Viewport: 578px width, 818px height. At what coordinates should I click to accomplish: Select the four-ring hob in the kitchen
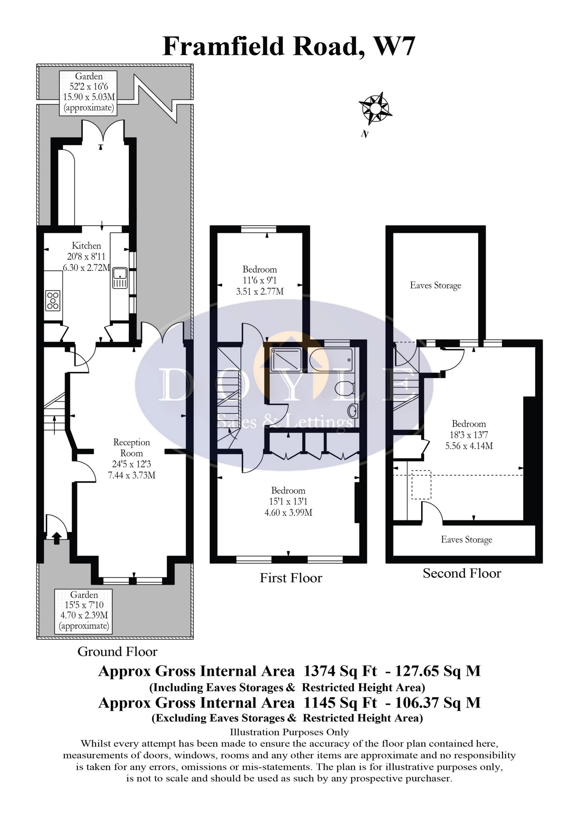[x=53, y=300]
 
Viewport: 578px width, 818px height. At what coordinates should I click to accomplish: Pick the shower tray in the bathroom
[x=286, y=360]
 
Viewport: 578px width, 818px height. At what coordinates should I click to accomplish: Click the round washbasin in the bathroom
[x=353, y=411]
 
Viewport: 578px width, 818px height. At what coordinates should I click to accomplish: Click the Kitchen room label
[x=86, y=246]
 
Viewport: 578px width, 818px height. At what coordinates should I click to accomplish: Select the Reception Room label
[x=132, y=448]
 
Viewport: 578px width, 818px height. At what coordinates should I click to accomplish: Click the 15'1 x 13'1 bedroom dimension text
[x=288, y=502]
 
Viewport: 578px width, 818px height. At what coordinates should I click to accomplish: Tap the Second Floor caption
[x=462, y=573]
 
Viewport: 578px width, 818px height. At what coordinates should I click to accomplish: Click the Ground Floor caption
[x=117, y=652]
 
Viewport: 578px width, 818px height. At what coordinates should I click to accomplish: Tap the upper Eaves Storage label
[x=436, y=285]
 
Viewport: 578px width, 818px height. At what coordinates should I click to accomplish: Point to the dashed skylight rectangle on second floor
[x=421, y=485]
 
